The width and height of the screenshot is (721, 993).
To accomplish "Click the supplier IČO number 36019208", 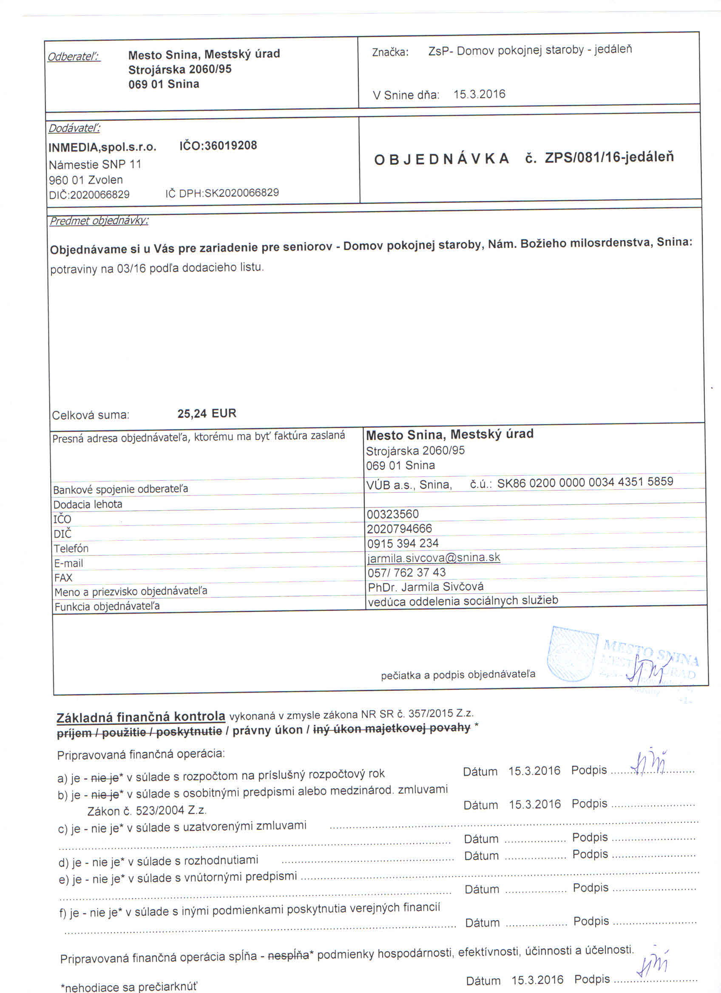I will (x=218, y=146).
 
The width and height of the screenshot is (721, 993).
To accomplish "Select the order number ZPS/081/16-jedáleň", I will (x=609, y=158).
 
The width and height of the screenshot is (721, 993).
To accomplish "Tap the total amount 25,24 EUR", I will (x=207, y=414).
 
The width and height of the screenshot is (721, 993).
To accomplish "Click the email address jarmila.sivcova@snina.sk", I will (x=433, y=558).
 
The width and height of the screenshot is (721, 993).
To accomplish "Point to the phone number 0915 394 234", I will (x=402, y=543).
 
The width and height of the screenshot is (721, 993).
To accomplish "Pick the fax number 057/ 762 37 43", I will (x=406, y=572).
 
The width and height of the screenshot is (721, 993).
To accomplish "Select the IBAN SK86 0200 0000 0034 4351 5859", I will (x=585, y=482).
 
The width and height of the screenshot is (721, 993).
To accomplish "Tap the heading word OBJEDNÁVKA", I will (x=442, y=159).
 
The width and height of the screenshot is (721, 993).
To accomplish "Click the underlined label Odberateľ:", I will (x=74, y=57).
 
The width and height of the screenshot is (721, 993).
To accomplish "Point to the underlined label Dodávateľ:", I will (x=74, y=128).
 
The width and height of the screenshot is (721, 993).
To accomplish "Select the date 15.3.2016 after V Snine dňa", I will (x=479, y=94).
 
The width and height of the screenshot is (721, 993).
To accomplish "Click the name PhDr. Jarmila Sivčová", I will (x=426, y=587).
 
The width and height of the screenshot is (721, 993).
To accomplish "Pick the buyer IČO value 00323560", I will (x=393, y=514).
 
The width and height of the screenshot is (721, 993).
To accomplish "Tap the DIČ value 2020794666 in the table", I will (x=399, y=529).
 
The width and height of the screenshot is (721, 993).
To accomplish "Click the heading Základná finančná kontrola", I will (x=141, y=717).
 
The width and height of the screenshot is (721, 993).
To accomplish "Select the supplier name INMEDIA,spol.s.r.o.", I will (x=102, y=148).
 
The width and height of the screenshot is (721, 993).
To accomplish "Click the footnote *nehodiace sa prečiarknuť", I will (x=129, y=987).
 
